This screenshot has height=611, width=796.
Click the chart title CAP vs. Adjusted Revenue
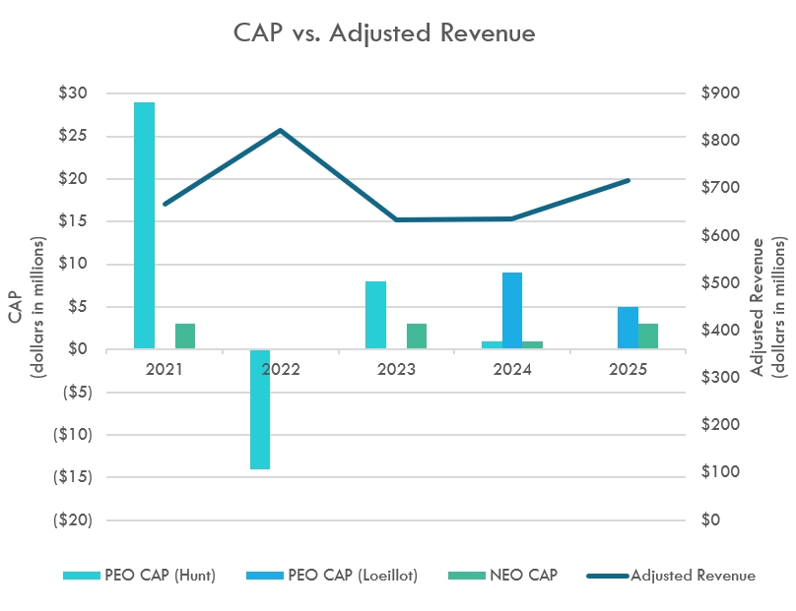click(x=384, y=32)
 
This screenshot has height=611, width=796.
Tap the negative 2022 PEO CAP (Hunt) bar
click(x=260, y=408)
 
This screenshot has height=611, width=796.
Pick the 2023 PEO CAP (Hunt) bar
click(x=375, y=315)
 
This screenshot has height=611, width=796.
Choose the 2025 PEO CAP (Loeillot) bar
click(x=628, y=328)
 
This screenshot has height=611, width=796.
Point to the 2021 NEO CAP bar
click(x=185, y=336)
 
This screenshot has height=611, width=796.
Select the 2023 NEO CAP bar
click(x=417, y=336)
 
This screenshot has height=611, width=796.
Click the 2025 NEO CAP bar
click(x=648, y=336)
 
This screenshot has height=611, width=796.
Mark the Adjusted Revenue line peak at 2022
click(x=281, y=130)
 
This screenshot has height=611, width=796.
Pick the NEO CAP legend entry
click(x=503, y=576)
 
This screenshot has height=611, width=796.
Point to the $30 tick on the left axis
click(x=73, y=93)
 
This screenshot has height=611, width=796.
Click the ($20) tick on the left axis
click(x=70, y=519)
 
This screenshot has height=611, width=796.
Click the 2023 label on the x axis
click(x=396, y=369)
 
